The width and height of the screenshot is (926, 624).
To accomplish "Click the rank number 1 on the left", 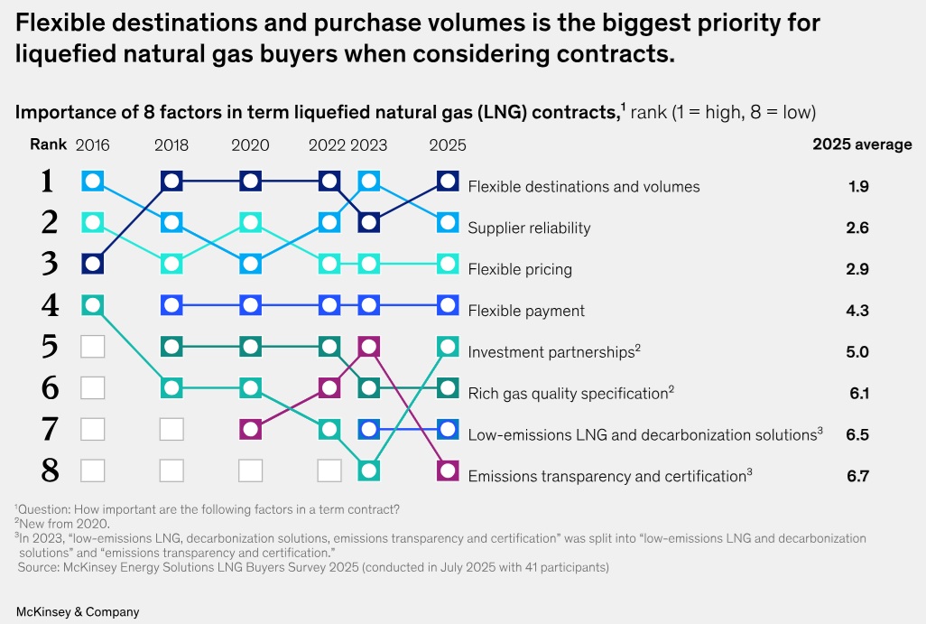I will coord(49,182).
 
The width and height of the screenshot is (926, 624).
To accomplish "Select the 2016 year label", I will coord(93,144).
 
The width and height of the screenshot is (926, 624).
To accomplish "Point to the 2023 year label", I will coord(368,144).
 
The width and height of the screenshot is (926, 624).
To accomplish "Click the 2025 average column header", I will coord(862,144).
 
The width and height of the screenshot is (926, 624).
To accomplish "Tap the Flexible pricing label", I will coord(520,269).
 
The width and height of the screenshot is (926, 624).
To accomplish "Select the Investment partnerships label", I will coord(551,352).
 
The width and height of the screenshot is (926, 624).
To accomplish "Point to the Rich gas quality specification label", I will coord(568,393).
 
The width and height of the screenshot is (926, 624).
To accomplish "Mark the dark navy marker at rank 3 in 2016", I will coord(93,264).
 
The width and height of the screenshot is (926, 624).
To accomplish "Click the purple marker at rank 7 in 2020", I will coord(250,428).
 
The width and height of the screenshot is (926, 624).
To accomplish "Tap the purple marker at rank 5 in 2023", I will coord(367,346).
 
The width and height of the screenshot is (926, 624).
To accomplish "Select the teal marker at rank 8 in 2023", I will coord(367,470).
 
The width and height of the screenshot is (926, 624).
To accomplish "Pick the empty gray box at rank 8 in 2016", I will coord(93,470).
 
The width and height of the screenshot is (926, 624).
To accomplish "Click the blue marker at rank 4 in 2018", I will coord(171,305).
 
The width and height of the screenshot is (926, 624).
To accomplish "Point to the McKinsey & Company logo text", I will coord(78,611).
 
